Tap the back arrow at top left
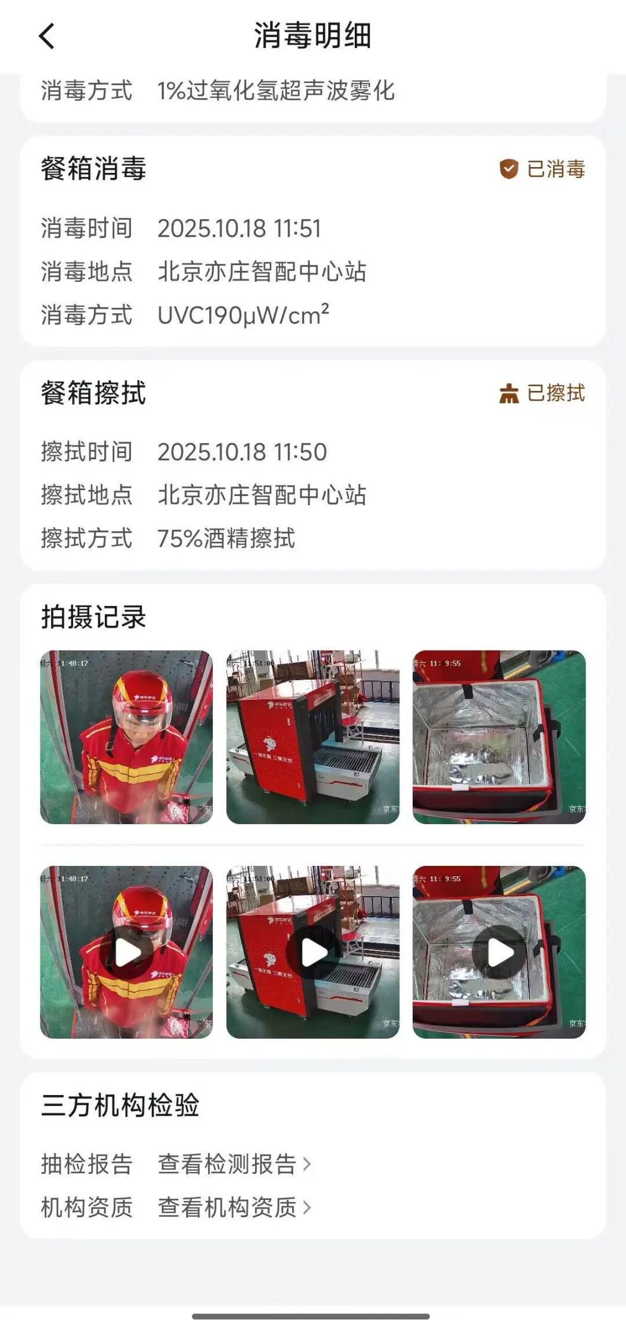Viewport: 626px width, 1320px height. click(x=47, y=36)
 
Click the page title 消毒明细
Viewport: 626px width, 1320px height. click(x=312, y=36)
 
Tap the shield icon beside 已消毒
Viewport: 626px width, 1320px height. click(x=508, y=169)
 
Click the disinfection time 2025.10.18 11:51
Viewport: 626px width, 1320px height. click(x=239, y=229)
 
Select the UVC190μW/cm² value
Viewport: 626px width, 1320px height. click(x=243, y=316)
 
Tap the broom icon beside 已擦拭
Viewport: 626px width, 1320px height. click(x=508, y=394)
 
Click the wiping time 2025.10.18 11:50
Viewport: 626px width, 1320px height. click(x=242, y=452)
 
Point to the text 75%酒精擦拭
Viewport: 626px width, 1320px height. click(x=226, y=539)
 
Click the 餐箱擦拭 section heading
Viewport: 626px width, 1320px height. click(x=93, y=393)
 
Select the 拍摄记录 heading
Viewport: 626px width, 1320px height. click(x=93, y=617)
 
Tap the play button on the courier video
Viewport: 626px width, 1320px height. click(x=126, y=952)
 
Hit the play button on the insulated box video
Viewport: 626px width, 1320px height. click(x=499, y=952)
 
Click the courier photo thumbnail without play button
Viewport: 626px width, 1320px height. click(x=126, y=737)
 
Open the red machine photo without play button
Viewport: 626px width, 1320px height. click(x=312, y=737)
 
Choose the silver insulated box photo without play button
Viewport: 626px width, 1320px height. click(x=499, y=737)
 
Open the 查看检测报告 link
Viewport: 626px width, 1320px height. click(x=234, y=1164)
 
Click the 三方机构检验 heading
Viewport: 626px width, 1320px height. click(x=120, y=1105)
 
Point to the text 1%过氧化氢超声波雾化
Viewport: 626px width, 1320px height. click(x=276, y=91)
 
